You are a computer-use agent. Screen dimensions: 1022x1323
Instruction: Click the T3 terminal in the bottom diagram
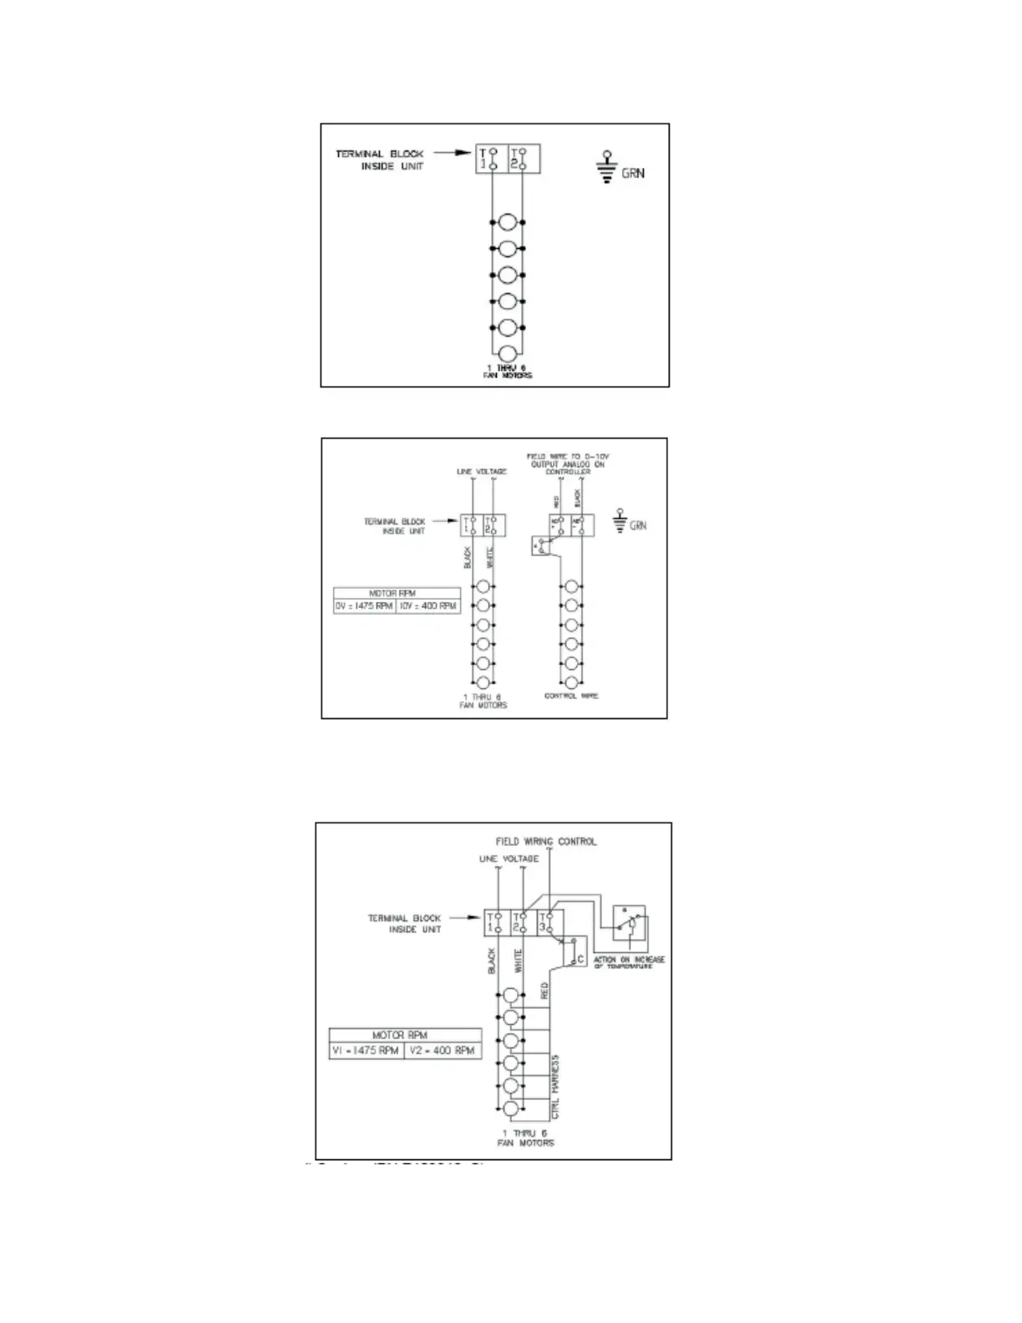547,922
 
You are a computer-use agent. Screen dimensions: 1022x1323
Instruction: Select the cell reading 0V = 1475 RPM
364,606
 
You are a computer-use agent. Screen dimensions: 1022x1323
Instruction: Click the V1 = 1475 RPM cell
366,1050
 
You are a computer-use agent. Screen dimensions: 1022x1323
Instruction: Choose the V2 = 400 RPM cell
443,1050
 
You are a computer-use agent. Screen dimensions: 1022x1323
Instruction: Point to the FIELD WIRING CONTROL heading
546,841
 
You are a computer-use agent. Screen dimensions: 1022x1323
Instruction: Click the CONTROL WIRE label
571,696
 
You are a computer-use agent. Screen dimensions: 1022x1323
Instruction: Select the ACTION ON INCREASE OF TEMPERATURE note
629,962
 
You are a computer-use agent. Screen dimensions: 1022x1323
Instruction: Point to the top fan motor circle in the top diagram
507,223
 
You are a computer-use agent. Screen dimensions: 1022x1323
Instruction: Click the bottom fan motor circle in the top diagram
507,353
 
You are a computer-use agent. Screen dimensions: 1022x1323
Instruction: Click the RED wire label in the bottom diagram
544,991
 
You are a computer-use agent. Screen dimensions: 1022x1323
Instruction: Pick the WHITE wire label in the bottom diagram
519,961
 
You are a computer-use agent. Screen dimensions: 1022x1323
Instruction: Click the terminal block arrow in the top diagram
450,154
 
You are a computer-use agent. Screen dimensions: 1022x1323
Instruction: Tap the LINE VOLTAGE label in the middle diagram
481,472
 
